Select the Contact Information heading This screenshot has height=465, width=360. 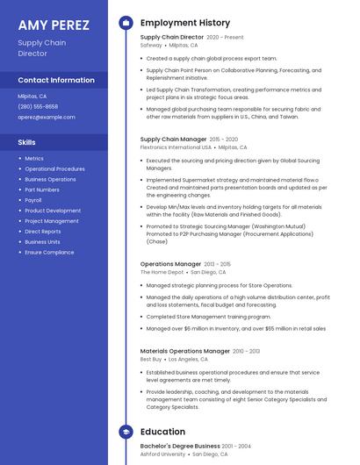(x=56, y=80)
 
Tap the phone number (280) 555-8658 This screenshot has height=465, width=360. (x=38, y=106)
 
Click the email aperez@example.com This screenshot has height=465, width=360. (x=47, y=117)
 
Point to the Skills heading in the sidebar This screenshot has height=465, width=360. (x=27, y=142)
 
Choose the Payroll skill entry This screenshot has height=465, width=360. (x=33, y=200)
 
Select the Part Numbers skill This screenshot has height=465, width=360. (x=42, y=190)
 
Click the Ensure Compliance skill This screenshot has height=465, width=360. (x=49, y=252)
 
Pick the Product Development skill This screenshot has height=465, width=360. (x=53, y=211)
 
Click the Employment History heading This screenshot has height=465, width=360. (x=185, y=23)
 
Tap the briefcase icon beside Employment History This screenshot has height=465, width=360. (x=126, y=23)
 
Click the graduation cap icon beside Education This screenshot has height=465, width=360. (x=126, y=432)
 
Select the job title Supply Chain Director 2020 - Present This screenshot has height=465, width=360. (x=172, y=38)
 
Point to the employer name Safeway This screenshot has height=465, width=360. (x=151, y=45)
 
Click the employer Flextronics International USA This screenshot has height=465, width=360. (x=176, y=147)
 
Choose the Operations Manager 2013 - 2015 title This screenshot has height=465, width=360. (x=170, y=264)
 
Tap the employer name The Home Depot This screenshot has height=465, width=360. (x=162, y=272)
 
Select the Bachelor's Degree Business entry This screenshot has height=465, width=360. (x=179, y=446)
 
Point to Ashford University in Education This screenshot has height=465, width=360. (x=162, y=454)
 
